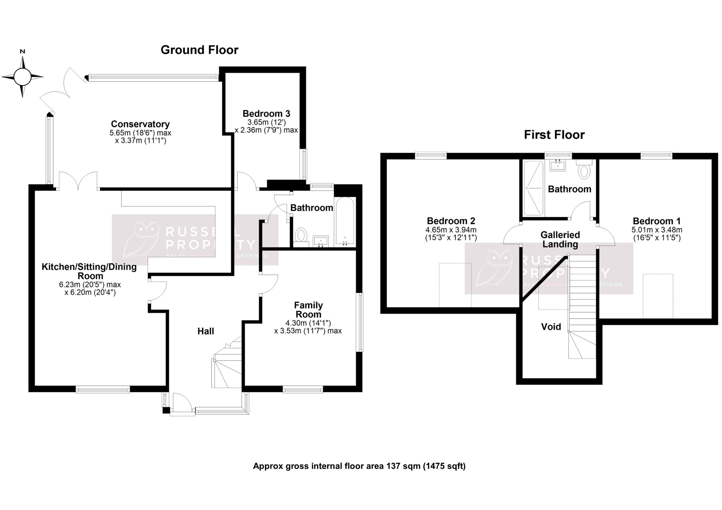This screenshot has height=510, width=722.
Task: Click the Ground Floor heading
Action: pyautogui.click(x=199, y=50)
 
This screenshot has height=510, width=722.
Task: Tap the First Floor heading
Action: pyautogui.click(x=554, y=135)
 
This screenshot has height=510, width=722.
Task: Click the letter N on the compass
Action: pyautogui.click(x=22, y=52)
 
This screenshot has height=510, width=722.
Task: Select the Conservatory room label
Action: pyautogui.click(x=140, y=124)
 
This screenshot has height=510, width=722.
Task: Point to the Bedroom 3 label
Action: pyautogui.click(x=266, y=114)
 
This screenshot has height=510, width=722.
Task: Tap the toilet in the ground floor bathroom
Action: pyautogui.click(x=301, y=235)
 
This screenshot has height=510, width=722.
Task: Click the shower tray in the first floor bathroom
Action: pyautogui.click(x=533, y=188)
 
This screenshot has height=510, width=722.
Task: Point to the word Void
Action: pyautogui.click(x=551, y=327)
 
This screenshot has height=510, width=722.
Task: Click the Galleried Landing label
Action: pyautogui.click(x=560, y=240)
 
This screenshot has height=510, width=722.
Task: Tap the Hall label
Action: pyautogui.click(x=206, y=331)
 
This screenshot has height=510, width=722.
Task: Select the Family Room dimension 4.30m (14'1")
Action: pyautogui.click(x=308, y=323)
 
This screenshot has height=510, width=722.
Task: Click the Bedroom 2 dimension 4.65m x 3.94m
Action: pyautogui.click(x=451, y=230)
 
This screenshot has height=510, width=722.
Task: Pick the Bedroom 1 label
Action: pyautogui.click(x=657, y=221)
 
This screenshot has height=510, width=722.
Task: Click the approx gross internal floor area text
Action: pyautogui.click(x=359, y=466)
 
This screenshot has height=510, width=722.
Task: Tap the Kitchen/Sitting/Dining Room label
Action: pyautogui.click(x=89, y=271)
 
